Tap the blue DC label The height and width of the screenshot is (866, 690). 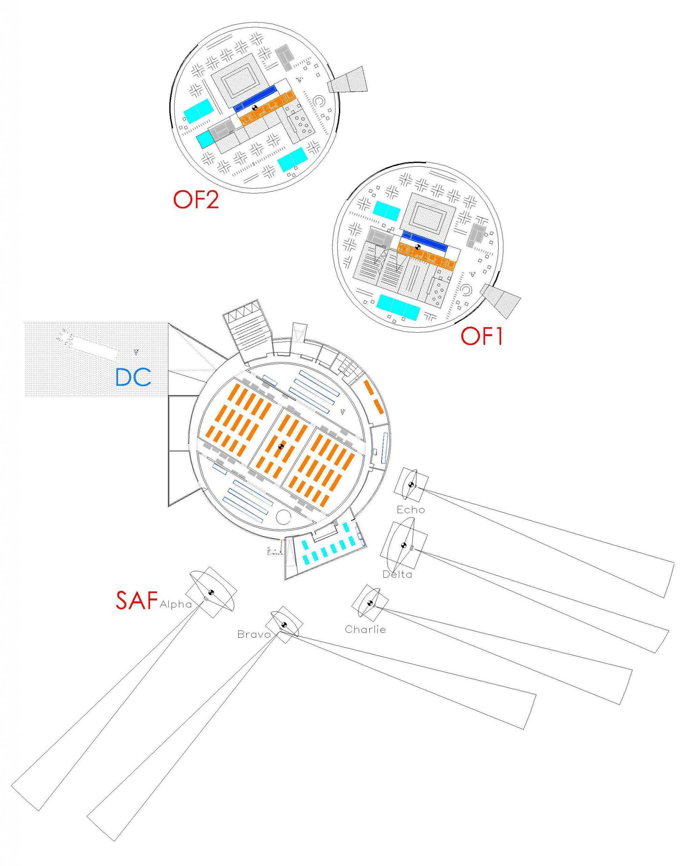[133, 377]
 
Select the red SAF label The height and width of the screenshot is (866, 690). [136, 600]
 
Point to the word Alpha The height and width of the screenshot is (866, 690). [176, 604]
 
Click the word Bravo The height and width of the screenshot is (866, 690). [253, 635]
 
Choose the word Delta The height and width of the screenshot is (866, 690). [397, 574]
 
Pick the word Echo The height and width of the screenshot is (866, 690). [411, 510]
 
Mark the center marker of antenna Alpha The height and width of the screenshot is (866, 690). [210, 592]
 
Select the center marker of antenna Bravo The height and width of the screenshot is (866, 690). [284, 624]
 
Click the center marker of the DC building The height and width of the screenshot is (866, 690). [281, 446]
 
